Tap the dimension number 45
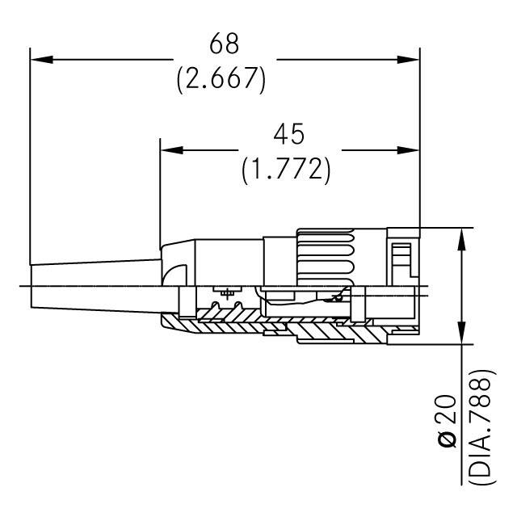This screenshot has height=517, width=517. point(287,133)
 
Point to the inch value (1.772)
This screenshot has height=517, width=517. point(287,170)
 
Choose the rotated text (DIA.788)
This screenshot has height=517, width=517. point(483,427)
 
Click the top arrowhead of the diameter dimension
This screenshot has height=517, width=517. point(461,238)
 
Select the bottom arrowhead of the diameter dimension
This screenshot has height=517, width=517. point(461,334)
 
